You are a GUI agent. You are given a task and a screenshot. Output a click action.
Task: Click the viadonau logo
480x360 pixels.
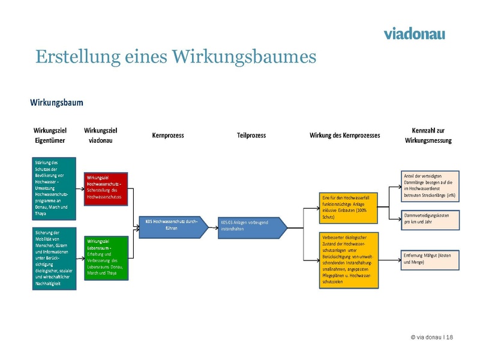pyautogui.click(x=414, y=33)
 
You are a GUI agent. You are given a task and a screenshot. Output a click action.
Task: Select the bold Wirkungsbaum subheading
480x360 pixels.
pyautogui.click(x=57, y=103)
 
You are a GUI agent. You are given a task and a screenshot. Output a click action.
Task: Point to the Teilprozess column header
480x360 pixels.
pyautogui.click(x=252, y=136)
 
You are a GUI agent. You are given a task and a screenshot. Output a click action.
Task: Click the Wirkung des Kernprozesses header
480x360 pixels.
pyautogui.click(x=344, y=136)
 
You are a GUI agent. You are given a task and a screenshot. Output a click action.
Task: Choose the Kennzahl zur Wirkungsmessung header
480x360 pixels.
pyautogui.click(x=428, y=136)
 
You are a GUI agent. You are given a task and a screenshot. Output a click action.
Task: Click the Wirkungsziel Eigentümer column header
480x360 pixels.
pyautogui.click(x=50, y=136)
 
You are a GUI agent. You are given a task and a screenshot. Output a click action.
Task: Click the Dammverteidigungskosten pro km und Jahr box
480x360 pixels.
pyautogui.click(x=430, y=218)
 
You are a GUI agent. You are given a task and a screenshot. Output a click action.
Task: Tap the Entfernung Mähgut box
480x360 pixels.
pyautogui.click(x=430, y=259)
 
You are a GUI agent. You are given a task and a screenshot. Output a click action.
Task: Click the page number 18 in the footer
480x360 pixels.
pyautogui.click(x=450, y=338)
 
